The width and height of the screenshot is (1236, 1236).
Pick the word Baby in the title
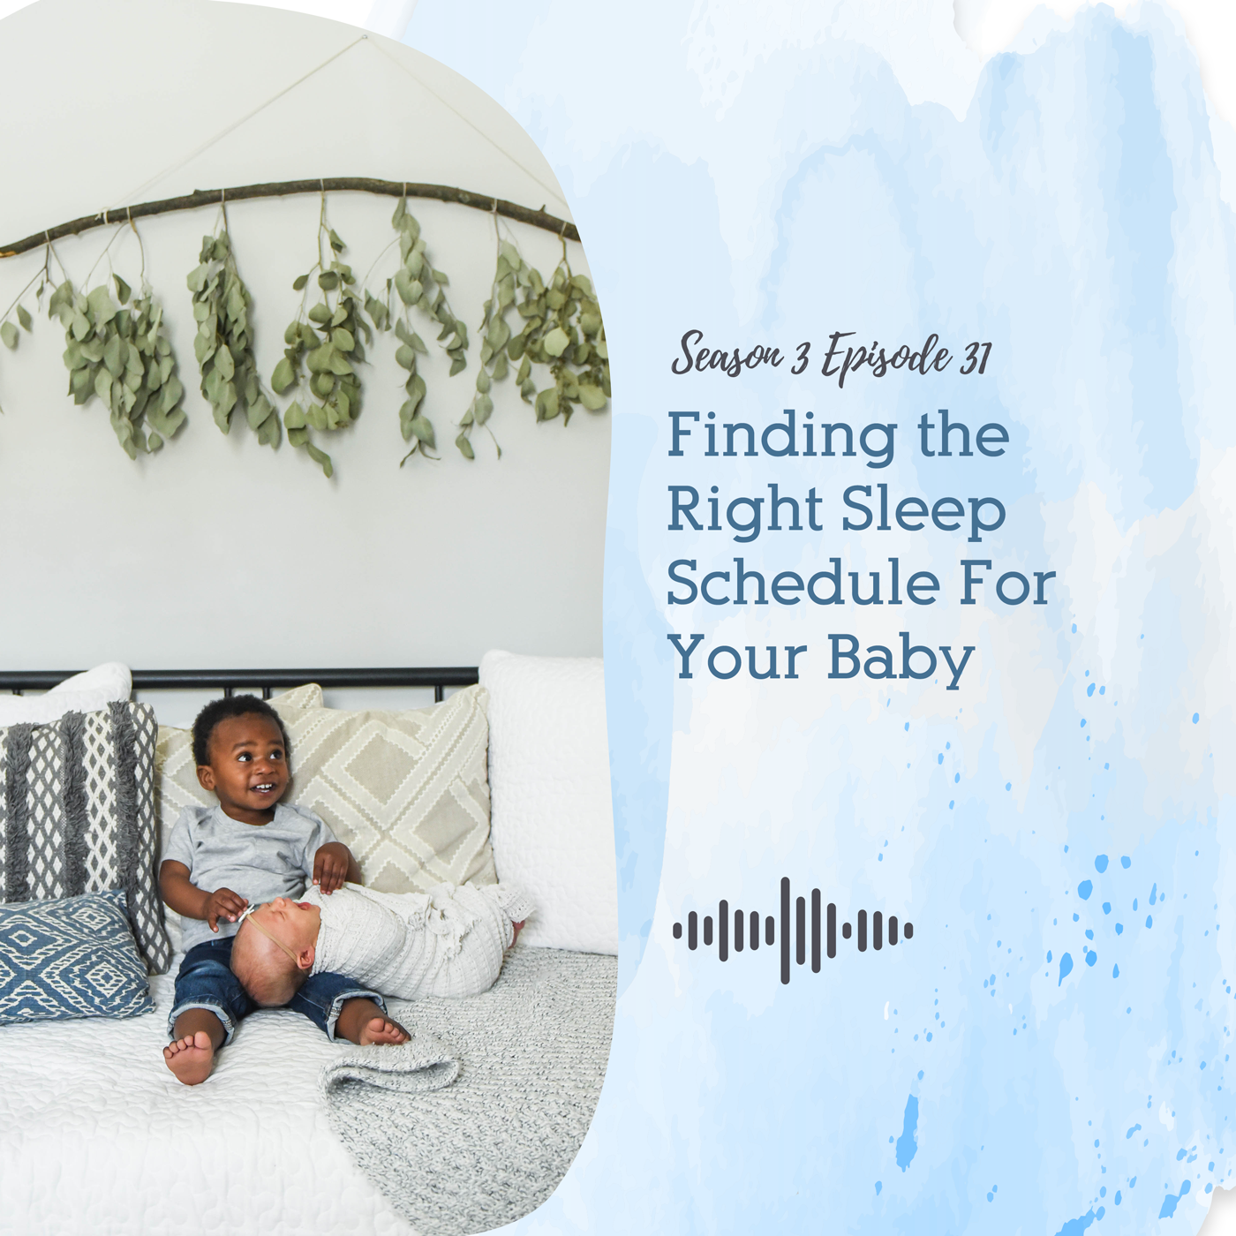[x=901, y=660]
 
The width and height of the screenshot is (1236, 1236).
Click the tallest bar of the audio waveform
[x=785, y=931]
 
